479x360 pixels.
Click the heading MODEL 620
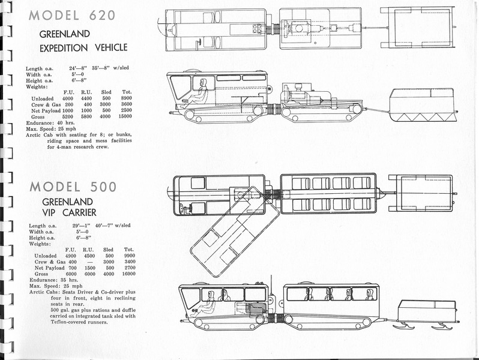[x=72, y=15]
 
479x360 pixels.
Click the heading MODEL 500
[x=73, y=187]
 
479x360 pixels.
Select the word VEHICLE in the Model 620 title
[x=111, y=47]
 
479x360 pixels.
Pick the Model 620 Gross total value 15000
[x=125, y=116]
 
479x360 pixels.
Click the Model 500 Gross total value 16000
[x=128, y=274]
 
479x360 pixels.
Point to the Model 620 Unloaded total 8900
[x=126, y=98]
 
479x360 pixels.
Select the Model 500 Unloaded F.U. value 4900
[x=71, y=256]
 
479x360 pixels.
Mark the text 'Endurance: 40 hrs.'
[x=50, y=123]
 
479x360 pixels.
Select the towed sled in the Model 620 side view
[x=423, y=105]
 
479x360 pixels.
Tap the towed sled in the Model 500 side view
[x=426, y=314]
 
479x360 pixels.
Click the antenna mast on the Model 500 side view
[x=271, y=286]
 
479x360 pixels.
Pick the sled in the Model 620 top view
[x=418, y=28]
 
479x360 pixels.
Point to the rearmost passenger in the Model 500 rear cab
[x=369, y=295]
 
